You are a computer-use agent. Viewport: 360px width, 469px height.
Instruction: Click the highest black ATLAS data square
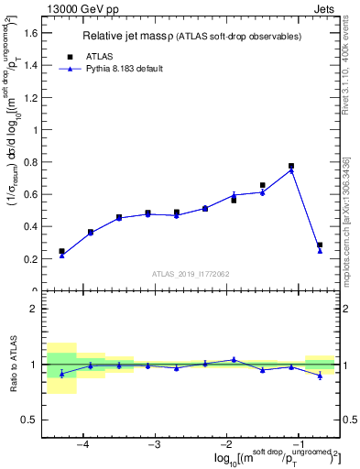[x=291, y=166]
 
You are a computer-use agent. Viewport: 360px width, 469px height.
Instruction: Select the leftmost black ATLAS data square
[x=61, y=251]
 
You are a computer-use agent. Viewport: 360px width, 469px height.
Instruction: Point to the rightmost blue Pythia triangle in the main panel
[x=320, y=251]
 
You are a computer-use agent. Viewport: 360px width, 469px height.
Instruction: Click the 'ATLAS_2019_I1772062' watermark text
[x=190, y=274]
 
